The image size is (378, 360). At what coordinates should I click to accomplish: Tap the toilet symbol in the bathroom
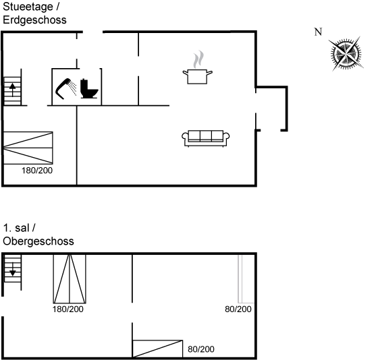pyautogui.click(x=89, y=88)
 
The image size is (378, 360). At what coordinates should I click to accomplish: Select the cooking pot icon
pyautogui.click(x=197, y=76)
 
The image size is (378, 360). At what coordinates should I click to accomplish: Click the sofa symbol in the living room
pyautogui.click(x=206, y=138)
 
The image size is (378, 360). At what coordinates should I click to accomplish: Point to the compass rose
pyautogui.click(x=346, y=54)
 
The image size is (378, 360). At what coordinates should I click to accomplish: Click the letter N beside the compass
pyautogui.click(x=318, y=32)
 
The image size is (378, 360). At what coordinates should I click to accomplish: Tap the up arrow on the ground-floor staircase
pyautogui.click(x=12, y=90)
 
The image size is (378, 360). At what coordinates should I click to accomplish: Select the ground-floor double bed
pyautogui.click(x=28, y=148)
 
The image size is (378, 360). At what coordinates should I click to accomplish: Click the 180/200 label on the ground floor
pyautogui.click(x=37, y=171)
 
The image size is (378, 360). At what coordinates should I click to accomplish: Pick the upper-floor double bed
pyautogui.click(x=70, y=278)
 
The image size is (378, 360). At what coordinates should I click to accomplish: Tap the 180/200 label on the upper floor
pyautogui.click(x=68, y=309)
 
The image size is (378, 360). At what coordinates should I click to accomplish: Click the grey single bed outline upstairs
pyautogui.click(x=246, y=278)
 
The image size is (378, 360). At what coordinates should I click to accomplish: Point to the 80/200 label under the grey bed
pyautogui.click(x=238, y=309)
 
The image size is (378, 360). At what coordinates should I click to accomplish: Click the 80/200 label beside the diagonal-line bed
pyautogui.click(x=201, y=349)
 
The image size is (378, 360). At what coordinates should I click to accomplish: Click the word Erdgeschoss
pyautogui.click(x=34, y=20)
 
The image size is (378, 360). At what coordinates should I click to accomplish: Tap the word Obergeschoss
pyautogui.click(x=38, y=241)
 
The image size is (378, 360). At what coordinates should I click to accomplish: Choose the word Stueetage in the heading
pyautogui.click(x=28, y=7)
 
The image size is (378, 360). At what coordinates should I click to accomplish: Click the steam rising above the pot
pyautogui.click(x=198, y=59)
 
